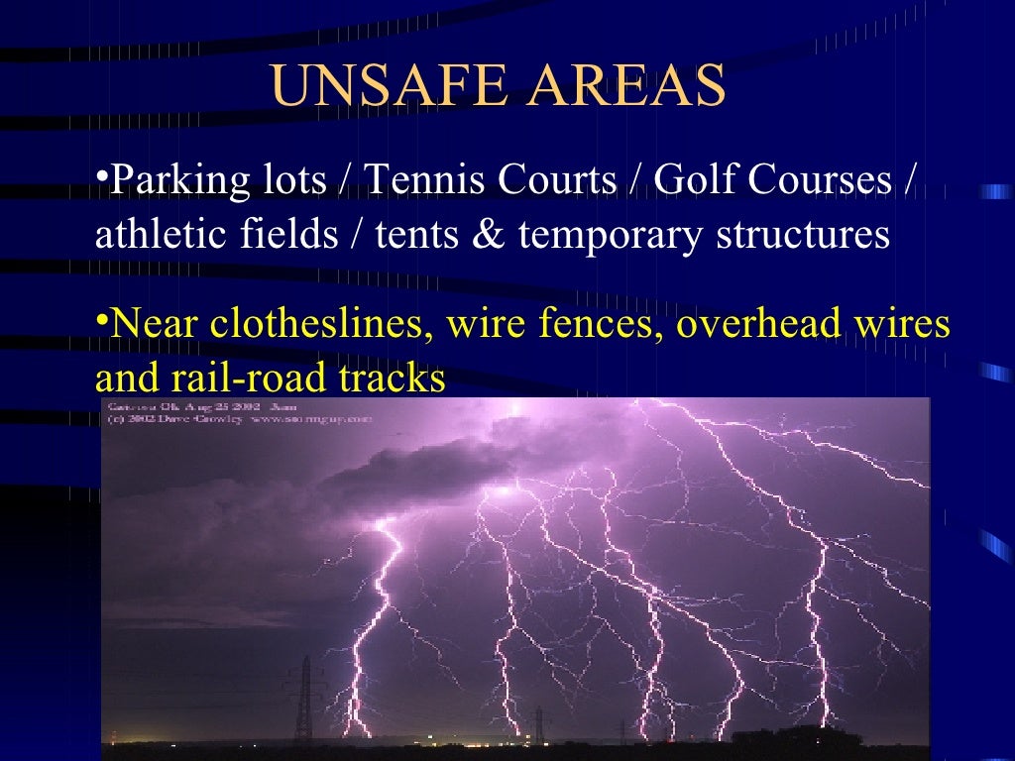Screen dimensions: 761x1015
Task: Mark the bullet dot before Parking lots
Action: point(101,175)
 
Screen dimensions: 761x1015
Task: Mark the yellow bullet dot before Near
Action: point(101,318)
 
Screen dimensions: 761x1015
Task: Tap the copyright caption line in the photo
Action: point(239,420)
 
